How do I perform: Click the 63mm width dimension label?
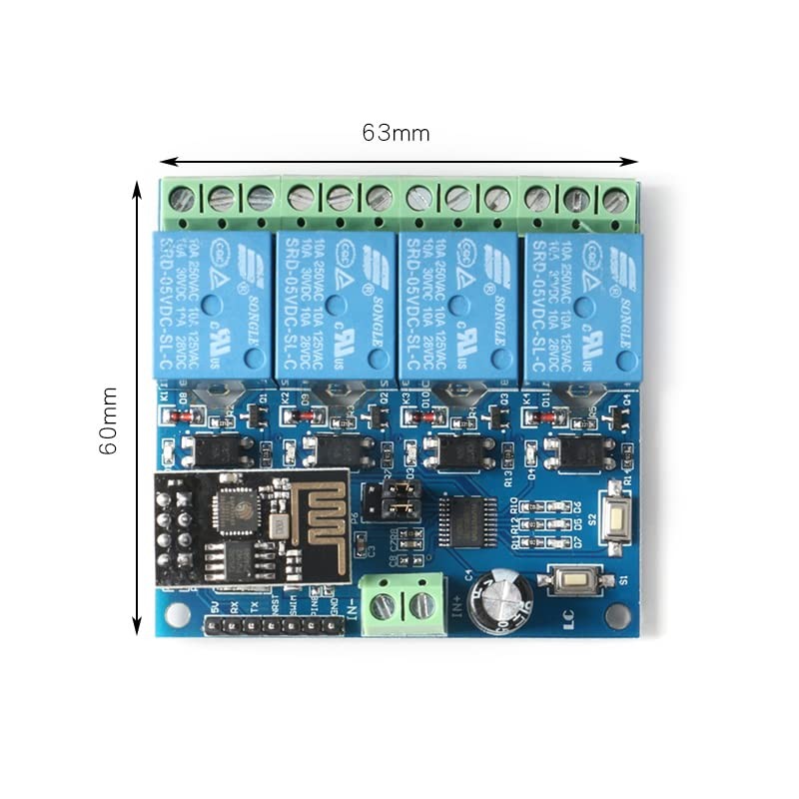(397, 133)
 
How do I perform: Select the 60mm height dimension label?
(109, 420)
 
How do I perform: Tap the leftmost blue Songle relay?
(211, 306)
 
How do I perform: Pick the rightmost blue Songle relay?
(580, 306)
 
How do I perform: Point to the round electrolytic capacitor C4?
(499, 602)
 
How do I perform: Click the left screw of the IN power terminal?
(383, 605)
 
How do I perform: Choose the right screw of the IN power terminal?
(421, 605)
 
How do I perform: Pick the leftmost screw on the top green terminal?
(183, 197)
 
